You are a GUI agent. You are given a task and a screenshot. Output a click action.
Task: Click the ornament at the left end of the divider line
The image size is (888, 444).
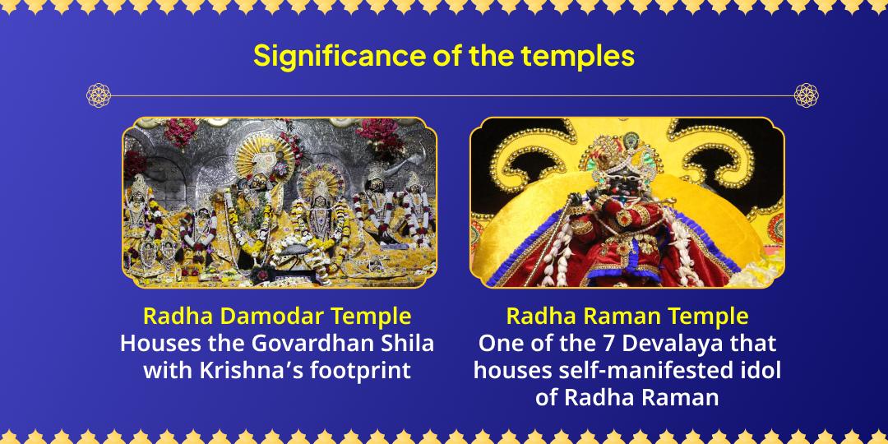click(98, 95)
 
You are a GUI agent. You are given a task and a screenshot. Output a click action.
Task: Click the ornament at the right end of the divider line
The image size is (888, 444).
click(806, 95)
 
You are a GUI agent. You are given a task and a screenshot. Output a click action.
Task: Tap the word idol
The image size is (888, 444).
click(759, 370)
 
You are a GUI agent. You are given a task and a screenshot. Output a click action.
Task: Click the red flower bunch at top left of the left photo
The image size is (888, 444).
click(180, 132)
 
